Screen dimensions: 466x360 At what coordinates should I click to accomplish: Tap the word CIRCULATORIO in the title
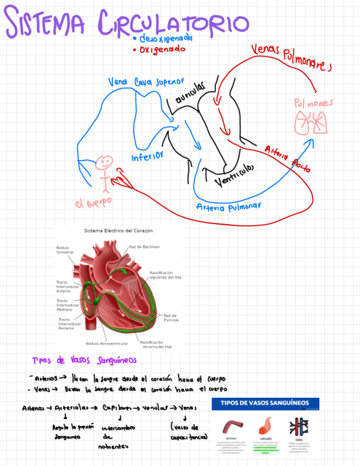tap(173, 23)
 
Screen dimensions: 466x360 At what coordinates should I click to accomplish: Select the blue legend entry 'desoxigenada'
tap(165, 38)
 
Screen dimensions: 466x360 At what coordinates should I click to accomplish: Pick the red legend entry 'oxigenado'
tap(162, 49)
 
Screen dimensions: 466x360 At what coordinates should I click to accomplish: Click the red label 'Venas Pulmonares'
tap(291, 57)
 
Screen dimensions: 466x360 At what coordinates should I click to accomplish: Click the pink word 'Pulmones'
tap(313, 103)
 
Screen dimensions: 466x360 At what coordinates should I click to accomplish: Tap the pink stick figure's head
tap(104, 162)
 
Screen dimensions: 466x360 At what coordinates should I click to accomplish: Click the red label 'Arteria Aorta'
tap(287, 159)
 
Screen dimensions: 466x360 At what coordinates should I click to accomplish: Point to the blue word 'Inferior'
tap(147, 158)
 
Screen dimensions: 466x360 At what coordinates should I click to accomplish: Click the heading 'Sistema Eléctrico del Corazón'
tap(118, 231)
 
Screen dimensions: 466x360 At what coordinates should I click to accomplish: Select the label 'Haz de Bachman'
tap(144, 247)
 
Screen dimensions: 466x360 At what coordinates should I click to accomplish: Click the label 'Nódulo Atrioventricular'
tap(107, 343)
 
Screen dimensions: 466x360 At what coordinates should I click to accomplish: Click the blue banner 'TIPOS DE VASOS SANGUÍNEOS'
tap(265, 403)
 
